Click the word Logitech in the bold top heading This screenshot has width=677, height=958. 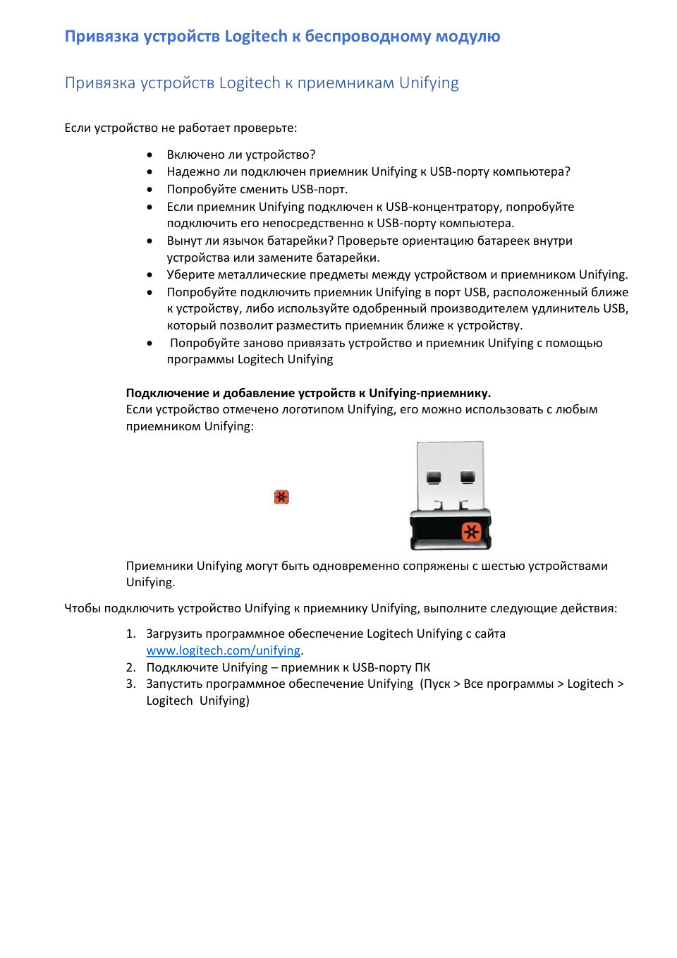point(255,37)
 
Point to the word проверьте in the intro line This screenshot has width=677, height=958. point(265,128)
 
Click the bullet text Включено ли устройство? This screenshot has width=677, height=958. point(241,154)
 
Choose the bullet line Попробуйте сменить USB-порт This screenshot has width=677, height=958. point(257,189)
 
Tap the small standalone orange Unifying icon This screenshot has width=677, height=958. point(281,497)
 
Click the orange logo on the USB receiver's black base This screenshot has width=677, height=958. point(471,531)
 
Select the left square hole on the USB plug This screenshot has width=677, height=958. point(434,478)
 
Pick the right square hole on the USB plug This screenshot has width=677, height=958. point(467,478)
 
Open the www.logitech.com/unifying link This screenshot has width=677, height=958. point(224,650)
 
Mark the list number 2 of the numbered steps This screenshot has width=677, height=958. point(130,667)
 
